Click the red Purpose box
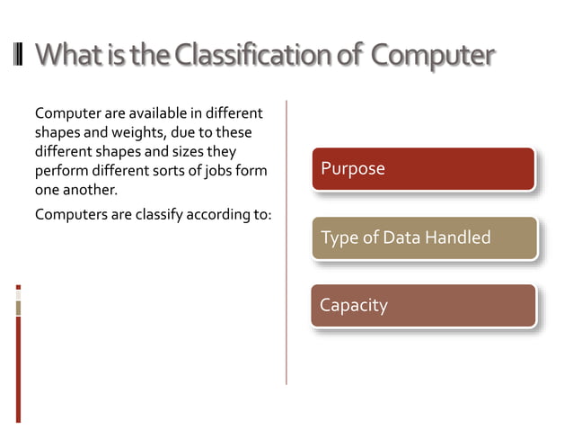point(423,168)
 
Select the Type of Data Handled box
point(424,237)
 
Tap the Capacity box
point(423,305)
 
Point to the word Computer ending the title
point(432,56)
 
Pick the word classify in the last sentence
point(149,214)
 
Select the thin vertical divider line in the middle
point(286,243)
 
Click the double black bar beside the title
point(19,55)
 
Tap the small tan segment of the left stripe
point(18,309)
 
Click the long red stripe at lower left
point(18,369)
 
